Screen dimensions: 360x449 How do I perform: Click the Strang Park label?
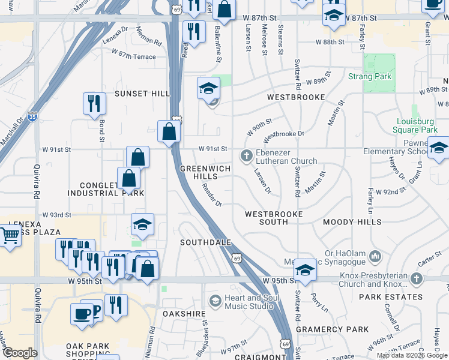tap(370, 76)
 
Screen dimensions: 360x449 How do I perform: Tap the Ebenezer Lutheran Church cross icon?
tap(246, 157)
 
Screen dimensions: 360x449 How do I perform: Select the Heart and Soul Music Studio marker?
tap(215, 301)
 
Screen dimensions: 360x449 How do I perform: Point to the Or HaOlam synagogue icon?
tap(376, 257)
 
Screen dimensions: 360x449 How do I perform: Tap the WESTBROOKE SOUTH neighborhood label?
tap(274, 218)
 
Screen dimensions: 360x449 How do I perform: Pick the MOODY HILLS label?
tap(352, 222)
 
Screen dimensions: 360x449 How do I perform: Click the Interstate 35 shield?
tap(32, 118)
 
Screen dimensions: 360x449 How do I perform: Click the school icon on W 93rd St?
tap(142, 224)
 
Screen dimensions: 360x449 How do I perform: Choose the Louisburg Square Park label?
tap(415, 125)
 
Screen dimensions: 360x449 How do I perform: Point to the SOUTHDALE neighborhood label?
tap(206, 242)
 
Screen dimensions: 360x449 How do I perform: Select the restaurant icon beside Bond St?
tap(94, 103)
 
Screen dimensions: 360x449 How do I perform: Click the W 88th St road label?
tap(331, 42)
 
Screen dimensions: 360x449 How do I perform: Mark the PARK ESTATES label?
tap(391, 297)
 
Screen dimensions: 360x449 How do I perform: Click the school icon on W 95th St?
tap(305, 271)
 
